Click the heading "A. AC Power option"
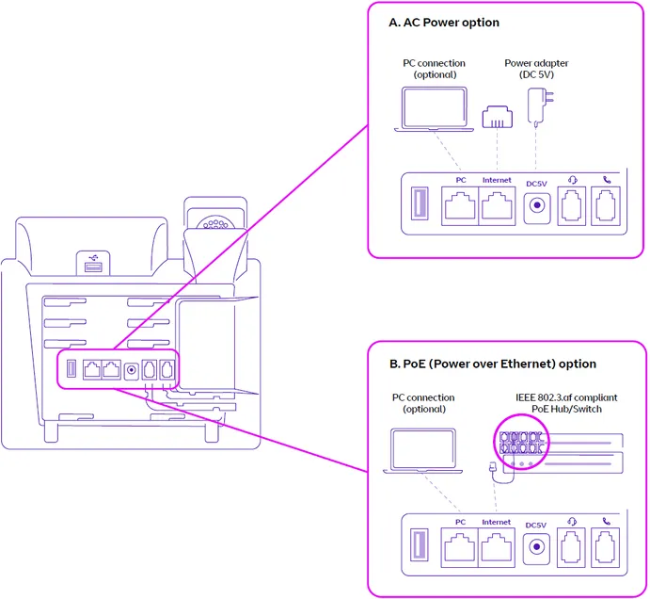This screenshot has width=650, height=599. click(444, 23)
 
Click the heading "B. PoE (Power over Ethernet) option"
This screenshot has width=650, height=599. click(492, 364)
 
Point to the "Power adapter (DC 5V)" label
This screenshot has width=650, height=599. click(536, 69)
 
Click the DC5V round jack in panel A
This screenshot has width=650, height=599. click(537, 206)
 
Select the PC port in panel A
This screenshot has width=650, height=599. click(460, 204)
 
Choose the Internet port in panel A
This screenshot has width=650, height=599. click(497, 204)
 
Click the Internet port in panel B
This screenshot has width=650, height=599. click(496, 546)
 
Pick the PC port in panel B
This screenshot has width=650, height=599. click(460, 546)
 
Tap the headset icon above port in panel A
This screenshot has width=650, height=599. click(572, 180)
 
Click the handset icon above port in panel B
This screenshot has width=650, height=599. click(606, 521)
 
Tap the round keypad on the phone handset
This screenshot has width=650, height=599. click(216, 224)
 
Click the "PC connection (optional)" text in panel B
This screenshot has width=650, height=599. click(423, 403)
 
